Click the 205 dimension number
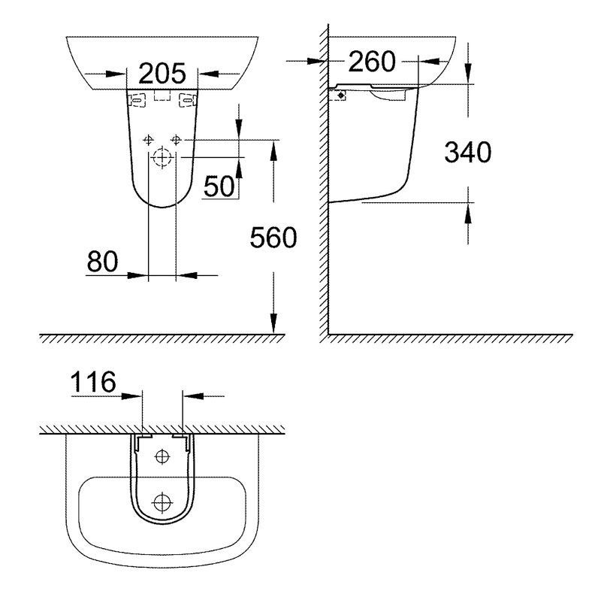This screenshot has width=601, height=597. tap(162, 73)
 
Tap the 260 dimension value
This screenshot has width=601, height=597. tap(372, 62)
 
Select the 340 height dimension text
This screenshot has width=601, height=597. tap(467, 152)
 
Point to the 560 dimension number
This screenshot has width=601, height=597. tap(273, 238)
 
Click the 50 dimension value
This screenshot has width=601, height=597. tap(219, 186)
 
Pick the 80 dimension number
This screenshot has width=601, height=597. tap(102, 262)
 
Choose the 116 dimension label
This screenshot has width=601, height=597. tap(93, 382)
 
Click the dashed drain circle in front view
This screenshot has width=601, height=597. tap(162, 157)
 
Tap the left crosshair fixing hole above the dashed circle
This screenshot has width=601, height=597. tap(148, 140)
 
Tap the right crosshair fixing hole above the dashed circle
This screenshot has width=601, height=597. tap(176, 140)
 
